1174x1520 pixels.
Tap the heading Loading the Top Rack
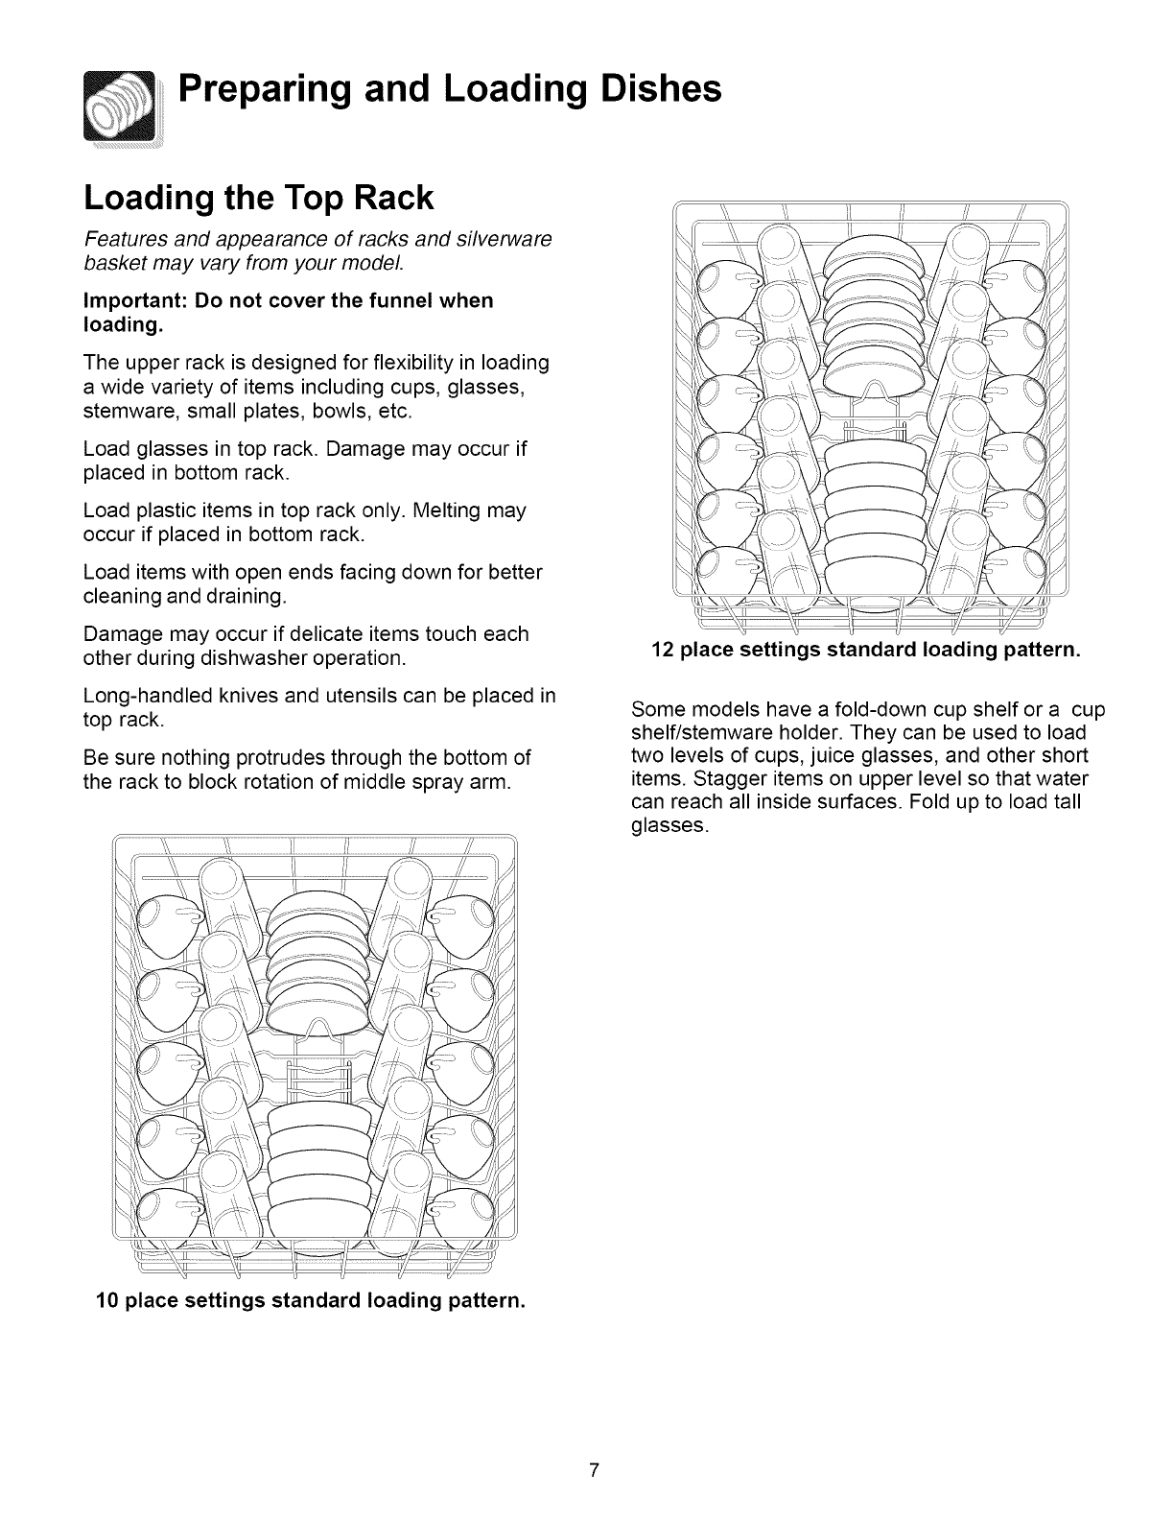(x=259, y=199)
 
